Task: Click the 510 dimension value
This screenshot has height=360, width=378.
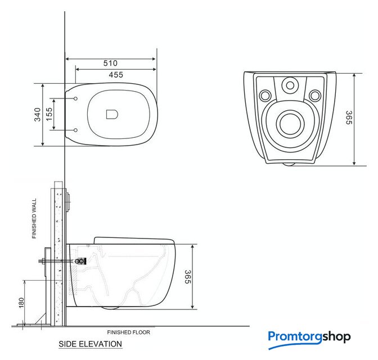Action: coord(110,63)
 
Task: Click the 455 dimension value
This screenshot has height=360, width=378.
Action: coord(116,75)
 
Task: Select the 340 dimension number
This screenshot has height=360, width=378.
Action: coord(37,115)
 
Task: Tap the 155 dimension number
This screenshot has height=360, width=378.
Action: coord(49,114)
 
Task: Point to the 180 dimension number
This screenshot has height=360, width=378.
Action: coord(21,303)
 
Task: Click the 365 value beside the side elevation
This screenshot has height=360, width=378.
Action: coord(188,277)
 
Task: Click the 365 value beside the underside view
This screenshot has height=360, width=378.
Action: coord(349,118)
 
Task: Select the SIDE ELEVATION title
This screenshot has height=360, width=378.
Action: coord(91,344)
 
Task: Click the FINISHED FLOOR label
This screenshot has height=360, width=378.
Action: coord(128,332)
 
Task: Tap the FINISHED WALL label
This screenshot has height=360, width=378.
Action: coord(34,218)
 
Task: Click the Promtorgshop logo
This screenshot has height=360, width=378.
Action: coord(309,340)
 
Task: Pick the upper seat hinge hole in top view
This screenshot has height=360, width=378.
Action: coord(76,98)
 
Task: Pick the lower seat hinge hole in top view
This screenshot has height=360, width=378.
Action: coord(76,130)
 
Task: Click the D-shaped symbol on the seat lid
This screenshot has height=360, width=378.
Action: coord(112,114)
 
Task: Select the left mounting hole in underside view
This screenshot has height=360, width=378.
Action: coord(265,96)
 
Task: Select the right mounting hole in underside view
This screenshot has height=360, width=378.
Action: coord(315,96)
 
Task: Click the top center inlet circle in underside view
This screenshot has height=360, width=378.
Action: coord(290,85)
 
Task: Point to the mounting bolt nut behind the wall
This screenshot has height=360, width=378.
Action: coord(43,261)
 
